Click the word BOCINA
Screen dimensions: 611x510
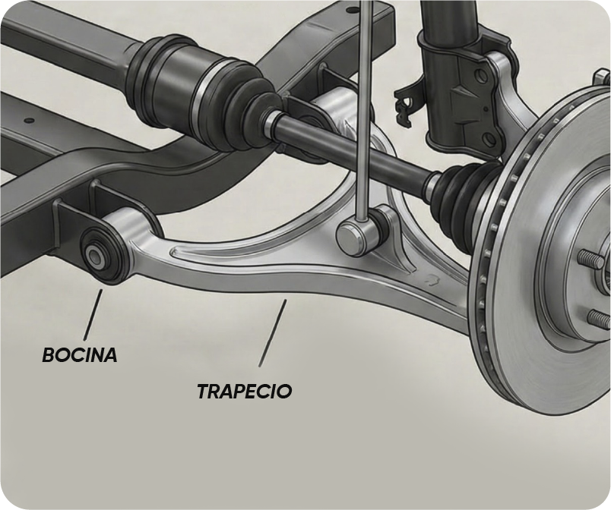79,354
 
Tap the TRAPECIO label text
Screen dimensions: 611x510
244,391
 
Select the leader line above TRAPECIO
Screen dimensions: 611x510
273,332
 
